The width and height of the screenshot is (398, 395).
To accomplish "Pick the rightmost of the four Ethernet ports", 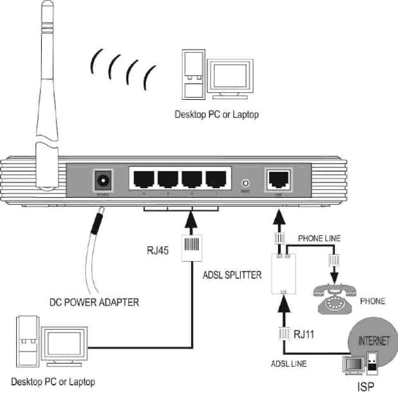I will click(214, 178).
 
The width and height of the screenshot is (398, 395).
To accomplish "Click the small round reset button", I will click(245, 182).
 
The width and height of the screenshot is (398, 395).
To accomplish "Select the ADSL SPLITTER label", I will click(232, 275).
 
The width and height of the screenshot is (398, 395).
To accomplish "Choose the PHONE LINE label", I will click(319, 238).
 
